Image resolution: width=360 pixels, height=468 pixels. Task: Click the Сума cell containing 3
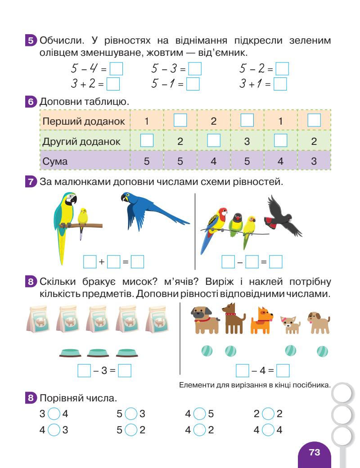click(314, 161)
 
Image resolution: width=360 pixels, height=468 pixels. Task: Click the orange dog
click(261, 320)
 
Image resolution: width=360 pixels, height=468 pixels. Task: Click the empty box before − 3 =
click(84, 371)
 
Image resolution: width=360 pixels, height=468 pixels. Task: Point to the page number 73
click(314, 452)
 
